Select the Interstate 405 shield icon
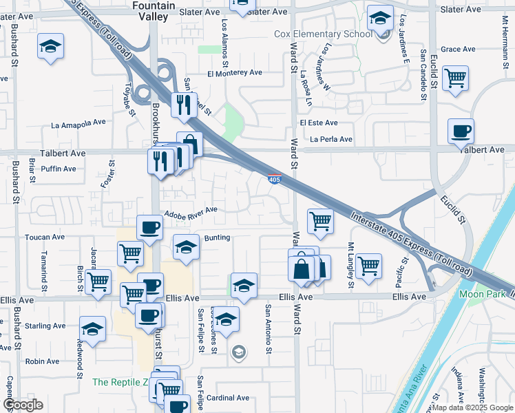click(274, 180)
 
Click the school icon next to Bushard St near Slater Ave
click(49, 46)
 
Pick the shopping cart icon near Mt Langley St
click(369, 265)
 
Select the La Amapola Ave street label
click(78, 125)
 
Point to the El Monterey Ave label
click(235, 72)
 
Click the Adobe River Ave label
click(189, 210)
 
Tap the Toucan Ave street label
click(44, 236)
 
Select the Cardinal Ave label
click(228, 398)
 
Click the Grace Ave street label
click(459, 49)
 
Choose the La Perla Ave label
click(331, 139)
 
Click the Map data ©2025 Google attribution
click(472, 407)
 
